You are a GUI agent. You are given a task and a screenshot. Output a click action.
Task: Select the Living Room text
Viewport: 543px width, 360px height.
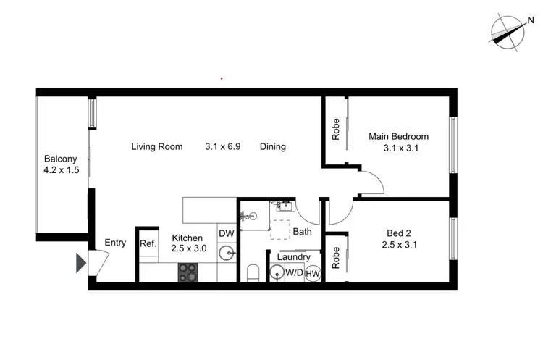[x=156, y=146]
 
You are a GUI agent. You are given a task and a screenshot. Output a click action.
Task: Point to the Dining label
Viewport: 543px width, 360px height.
[x=273, y=146]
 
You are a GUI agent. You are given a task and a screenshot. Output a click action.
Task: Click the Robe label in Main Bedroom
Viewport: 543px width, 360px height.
[x=335, y=129]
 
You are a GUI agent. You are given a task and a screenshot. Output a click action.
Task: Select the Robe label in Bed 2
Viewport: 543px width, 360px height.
[x=335, y=258]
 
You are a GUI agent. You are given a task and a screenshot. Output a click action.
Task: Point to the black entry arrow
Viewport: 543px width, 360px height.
[x=81, y=263]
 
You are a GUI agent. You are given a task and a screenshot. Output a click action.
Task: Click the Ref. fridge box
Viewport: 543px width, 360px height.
[x=148, y=244]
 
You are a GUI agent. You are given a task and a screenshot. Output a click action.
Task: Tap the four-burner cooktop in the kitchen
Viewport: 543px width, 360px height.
[x=188, y=272]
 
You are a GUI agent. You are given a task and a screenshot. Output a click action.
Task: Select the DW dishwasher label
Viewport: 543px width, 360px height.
[x=226, y=233]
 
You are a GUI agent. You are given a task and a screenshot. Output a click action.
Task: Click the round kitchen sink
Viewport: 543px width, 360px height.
[x=227, y=254]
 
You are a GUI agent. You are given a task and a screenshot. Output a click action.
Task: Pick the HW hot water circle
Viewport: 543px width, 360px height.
[x=313, y=273]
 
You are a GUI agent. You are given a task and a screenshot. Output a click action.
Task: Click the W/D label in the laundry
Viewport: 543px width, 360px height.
[x=295, y=273]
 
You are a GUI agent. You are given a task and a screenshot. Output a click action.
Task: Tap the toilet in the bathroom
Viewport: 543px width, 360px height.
[x=253, y=273]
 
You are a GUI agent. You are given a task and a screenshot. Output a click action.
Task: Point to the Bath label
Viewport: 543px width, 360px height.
[x=302, y=232]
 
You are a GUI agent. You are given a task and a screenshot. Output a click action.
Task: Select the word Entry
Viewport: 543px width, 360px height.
[x=116, y=243]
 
